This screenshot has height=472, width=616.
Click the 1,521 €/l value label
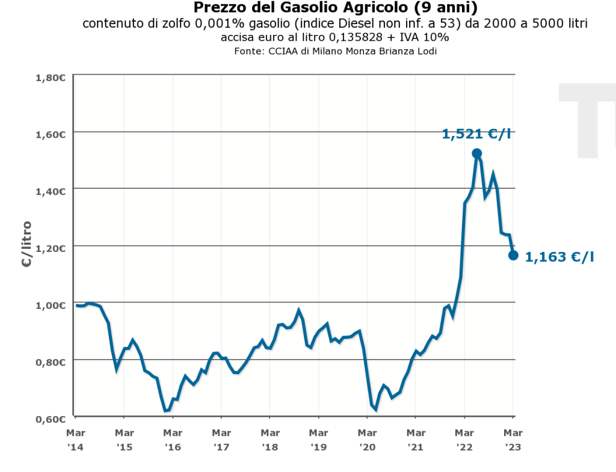click(476, 134)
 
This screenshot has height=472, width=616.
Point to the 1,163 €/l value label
click(559, 257)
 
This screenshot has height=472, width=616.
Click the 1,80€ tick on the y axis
click(51, 77)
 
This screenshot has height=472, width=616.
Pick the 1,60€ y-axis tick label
click(51, 134)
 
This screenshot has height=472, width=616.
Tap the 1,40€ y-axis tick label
click(51, 191)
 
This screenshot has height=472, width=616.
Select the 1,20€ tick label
click(51, 248)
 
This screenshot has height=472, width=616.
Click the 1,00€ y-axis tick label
click(51, 305)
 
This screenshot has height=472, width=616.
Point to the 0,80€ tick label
click(51, 362)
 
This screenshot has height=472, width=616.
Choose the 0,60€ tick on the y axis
click(51, 418)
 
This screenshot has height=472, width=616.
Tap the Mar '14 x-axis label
click(75, 439)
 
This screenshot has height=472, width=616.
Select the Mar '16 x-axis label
click(173, 439)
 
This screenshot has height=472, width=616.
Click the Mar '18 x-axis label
click(270, 439)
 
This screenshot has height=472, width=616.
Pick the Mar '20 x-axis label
click(367, 439)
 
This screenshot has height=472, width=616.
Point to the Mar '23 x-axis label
click(513, 439)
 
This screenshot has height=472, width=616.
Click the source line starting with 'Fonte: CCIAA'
click(335, 51)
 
